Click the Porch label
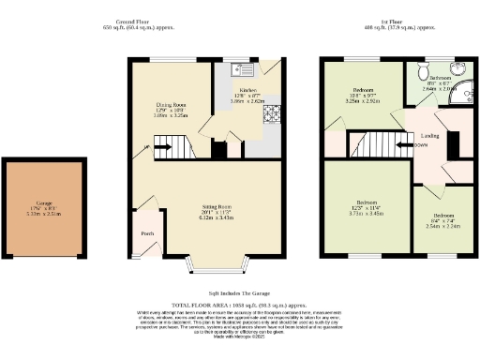[x=147, y=233]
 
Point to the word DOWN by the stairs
[x=423, y=145]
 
